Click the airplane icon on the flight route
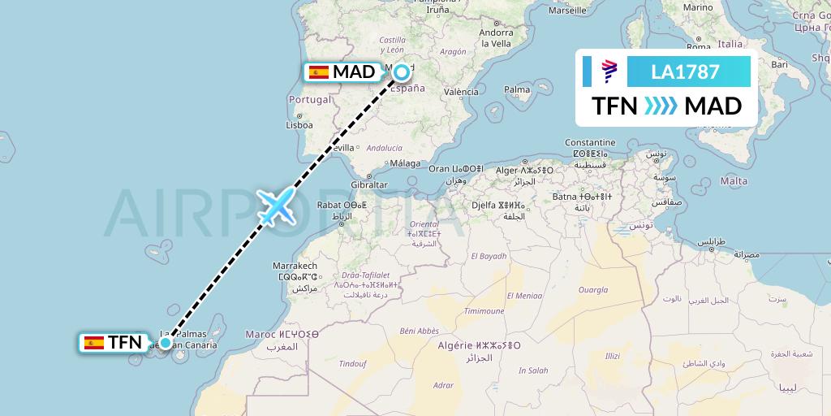tap(277, 206)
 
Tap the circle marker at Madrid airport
tap(402, 73)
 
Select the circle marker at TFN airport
tap(166, 343)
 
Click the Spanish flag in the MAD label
tap(319, 72)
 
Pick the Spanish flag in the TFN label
tap(93, 343)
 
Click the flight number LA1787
tap(685, 72)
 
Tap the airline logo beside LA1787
tap(609, 72)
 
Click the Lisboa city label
tap(299, 126)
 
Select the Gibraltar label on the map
tap(370, 185)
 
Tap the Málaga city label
tap(405, 162)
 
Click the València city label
tap(461, 93)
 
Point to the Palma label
tap(517, 89)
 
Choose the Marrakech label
tap(295, 266)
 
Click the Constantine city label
tap(591, 143)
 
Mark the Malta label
tap(734, 181)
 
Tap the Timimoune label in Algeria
tap(484, 311)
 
